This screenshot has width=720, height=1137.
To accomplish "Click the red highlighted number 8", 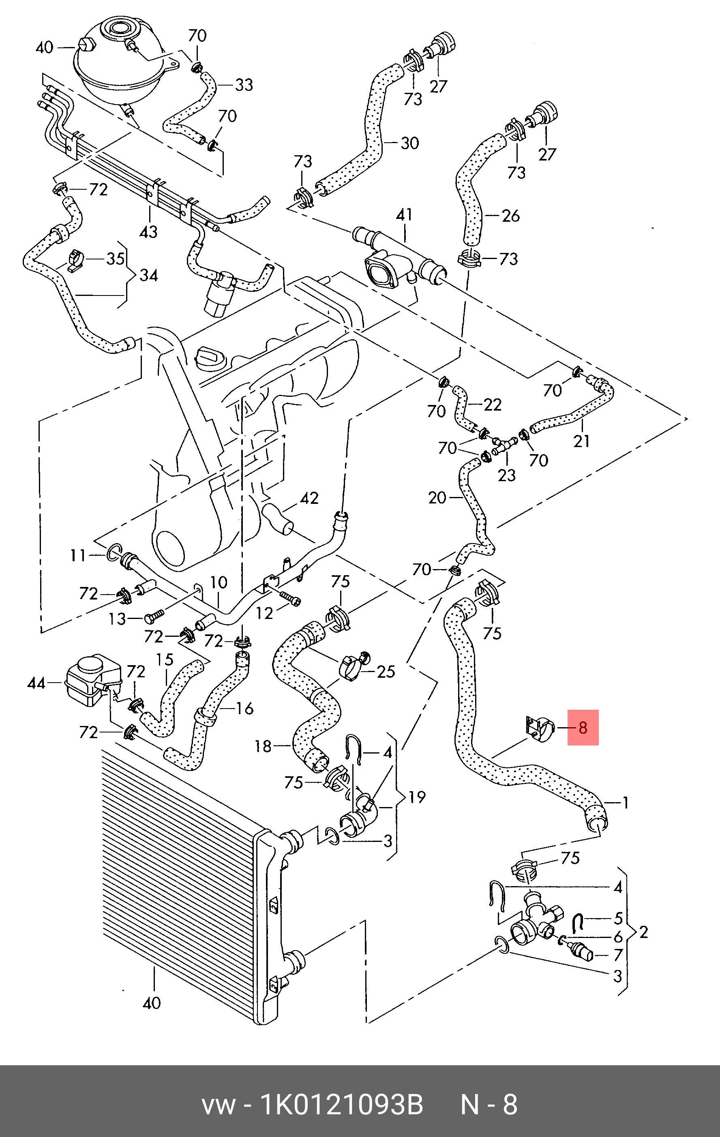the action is click(583, 728).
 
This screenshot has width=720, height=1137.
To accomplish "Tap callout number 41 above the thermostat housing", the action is click(404, 215).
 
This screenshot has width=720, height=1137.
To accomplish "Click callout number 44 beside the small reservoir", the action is click(36, 683).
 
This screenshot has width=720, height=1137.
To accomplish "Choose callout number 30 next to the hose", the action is click(409, 143).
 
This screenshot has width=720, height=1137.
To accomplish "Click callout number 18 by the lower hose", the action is click(263, 747).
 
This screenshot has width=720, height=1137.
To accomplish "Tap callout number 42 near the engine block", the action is click(309, 498).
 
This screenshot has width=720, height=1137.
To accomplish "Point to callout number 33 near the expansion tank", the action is click(244, 85).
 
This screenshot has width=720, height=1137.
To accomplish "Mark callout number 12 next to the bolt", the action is click(264, 613).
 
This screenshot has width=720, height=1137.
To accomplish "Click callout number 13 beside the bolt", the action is click(117, 619).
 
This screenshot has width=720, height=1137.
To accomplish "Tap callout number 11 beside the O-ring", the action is click(78, 555).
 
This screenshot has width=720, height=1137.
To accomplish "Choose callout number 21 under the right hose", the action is click(581, 441).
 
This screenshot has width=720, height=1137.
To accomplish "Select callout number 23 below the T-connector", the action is click(507, 475).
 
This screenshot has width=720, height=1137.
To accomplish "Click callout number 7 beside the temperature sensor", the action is click(618, 955).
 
